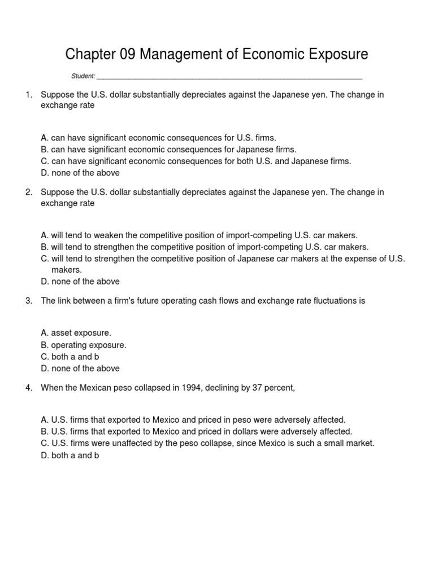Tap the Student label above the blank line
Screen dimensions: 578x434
[83, 76]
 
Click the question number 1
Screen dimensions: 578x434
[28, 94]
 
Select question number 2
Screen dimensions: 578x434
[28, 192]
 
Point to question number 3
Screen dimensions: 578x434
[28, 301]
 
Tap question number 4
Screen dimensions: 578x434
[28, 387]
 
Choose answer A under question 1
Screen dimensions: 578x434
[159, 138]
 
